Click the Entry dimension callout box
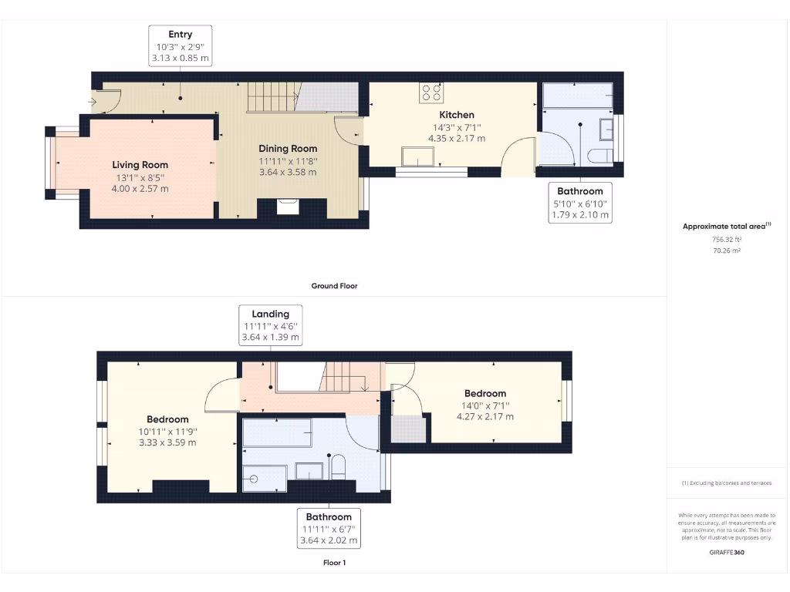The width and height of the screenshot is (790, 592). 180,45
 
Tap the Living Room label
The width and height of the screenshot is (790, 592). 140,165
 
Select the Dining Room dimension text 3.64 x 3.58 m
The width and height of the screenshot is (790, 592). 287,172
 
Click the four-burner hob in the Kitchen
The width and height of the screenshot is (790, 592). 432,92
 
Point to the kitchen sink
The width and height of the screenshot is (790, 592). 417,158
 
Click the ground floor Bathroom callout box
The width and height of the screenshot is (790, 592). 579,203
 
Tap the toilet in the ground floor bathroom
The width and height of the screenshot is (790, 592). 596,156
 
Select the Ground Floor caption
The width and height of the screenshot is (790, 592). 334,286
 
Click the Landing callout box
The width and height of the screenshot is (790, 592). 271,325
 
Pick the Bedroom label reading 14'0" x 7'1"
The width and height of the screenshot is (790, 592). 484,405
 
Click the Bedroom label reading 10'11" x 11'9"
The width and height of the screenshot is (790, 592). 167,431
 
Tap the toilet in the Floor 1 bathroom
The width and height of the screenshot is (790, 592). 337,466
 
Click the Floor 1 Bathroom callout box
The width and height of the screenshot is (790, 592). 329,528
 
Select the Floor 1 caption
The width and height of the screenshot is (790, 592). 334,563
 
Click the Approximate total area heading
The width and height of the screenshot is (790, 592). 726,226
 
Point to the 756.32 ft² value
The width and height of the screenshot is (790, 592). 726,240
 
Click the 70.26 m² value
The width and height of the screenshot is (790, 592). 726,251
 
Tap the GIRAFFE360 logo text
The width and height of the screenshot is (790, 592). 726,552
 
